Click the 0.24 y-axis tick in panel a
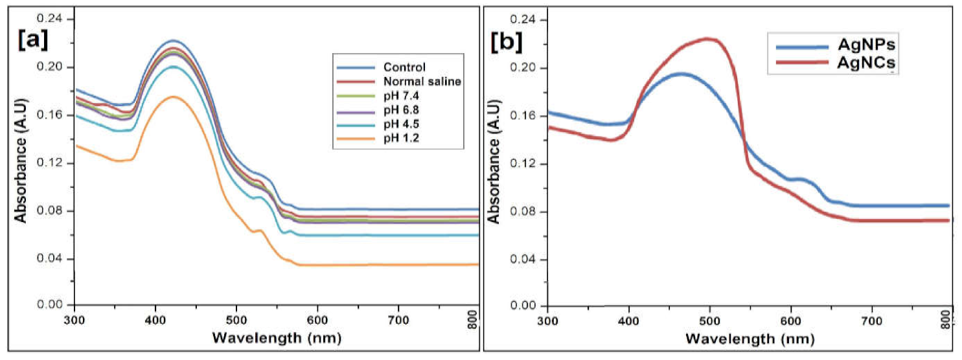52,19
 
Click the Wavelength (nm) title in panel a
276,338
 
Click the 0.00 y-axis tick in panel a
52,304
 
